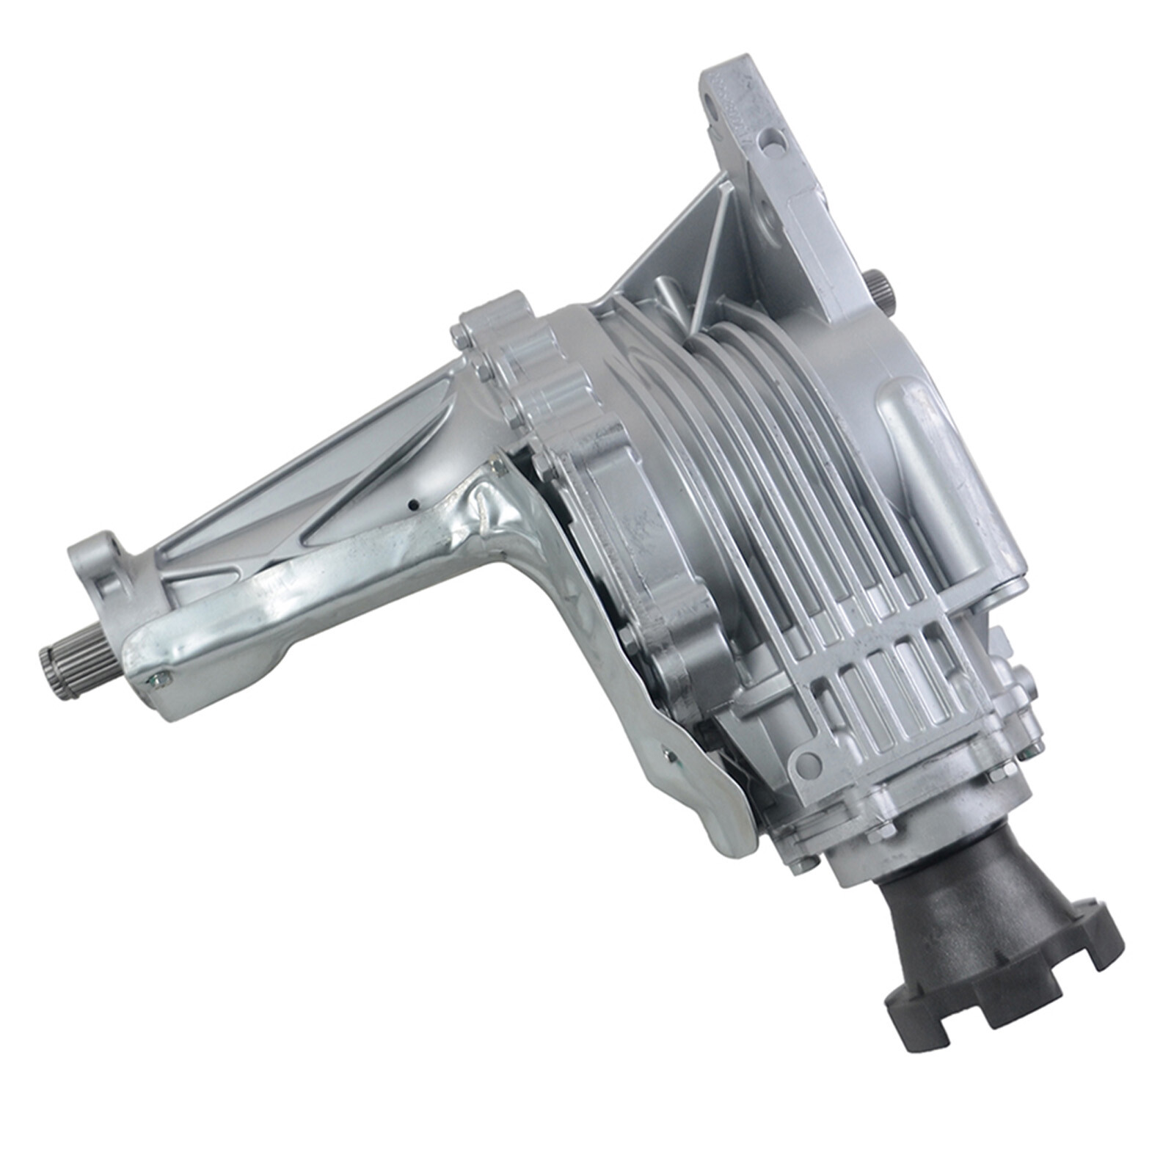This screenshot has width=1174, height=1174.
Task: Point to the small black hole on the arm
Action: [x=413, y=505]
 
